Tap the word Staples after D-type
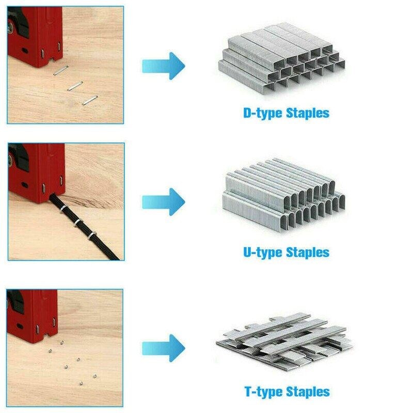[308, 113]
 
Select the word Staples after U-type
[308, 252]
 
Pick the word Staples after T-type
[308, 391]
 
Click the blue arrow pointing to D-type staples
[164, 66]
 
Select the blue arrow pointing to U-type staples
[164, 202]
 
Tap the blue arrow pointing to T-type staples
[164, 348]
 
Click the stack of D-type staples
[281, 57]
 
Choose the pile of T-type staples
[284, 342]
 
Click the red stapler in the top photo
[35, 36]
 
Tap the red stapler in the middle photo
[36, 172]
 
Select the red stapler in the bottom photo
[32, 315]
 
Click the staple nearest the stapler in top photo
[61, 70]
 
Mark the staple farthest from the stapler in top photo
[90, 100]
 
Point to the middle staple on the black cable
[78, 223]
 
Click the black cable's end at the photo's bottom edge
[115, 259]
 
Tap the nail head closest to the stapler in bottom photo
[62, 342]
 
